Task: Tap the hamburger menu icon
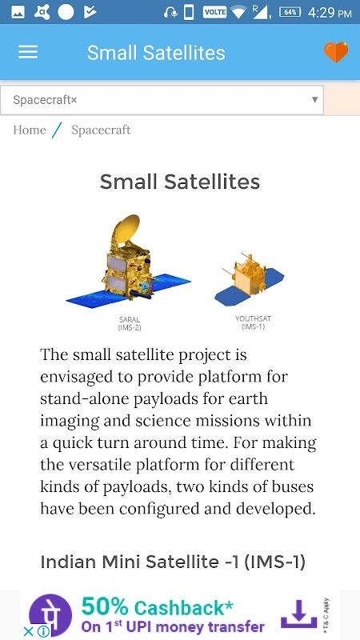click(x=28, y=52)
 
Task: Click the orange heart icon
click(x=336, y=52)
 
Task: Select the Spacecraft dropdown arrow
click(x=314, y=99)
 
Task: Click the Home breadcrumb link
click(x=30, y=130)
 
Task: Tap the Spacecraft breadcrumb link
click(x=101, y=130)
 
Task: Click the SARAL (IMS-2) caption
click(x=130, y=323)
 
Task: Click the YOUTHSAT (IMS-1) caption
click(x=253, y=322)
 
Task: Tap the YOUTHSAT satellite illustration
click(x=249, y=280)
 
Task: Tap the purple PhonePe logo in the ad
click(x=50, y=615)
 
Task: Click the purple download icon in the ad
click(x=298, y=614)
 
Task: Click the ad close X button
click(x=28, y=632)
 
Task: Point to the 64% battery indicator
click(x=290, y=12)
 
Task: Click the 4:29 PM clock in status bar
click(x=330, y=13)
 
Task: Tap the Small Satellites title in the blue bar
click(x=156, y=53)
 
